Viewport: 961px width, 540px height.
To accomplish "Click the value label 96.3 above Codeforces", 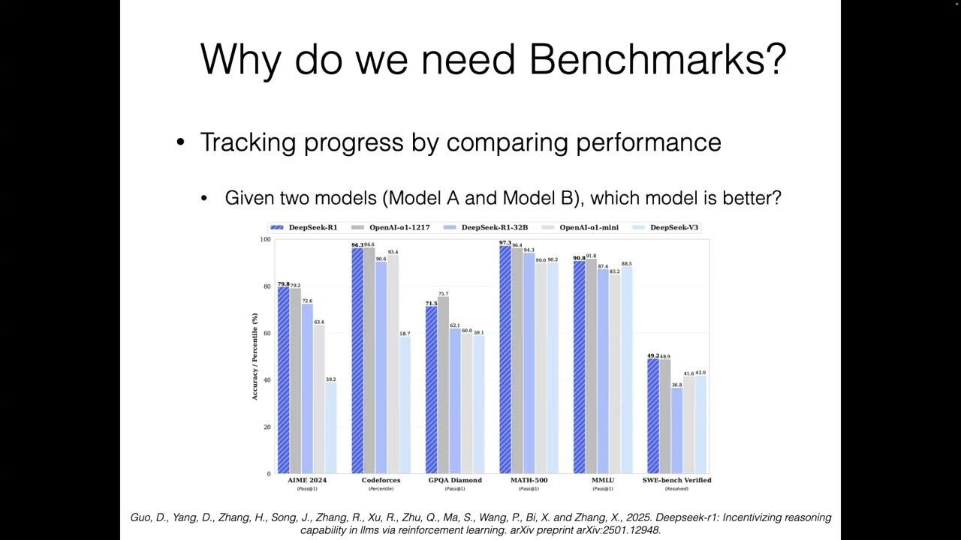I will click(x=357, y=244).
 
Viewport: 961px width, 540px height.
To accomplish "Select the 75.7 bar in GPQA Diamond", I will click(x=443, y=386).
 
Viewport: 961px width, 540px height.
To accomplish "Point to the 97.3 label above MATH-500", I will click(x=505, y=243).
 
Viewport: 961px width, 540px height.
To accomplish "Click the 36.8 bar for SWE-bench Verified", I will click(x=677, y=430).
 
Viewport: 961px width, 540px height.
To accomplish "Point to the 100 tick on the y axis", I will click(x=265, y=239).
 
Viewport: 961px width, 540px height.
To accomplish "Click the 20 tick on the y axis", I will click(x=267, y=427).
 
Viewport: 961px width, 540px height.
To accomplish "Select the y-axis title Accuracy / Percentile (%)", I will click(x=255, y=356).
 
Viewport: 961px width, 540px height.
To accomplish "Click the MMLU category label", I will click(x=603, y=480).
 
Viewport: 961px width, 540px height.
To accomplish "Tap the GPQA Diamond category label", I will click(x=455, y=480).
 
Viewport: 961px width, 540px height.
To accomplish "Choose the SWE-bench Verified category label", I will click(x=676, y=480).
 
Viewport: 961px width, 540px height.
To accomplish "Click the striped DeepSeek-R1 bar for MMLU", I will click(x=579, y=367).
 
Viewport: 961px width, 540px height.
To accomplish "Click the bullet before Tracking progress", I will click(x=180, y=142).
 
